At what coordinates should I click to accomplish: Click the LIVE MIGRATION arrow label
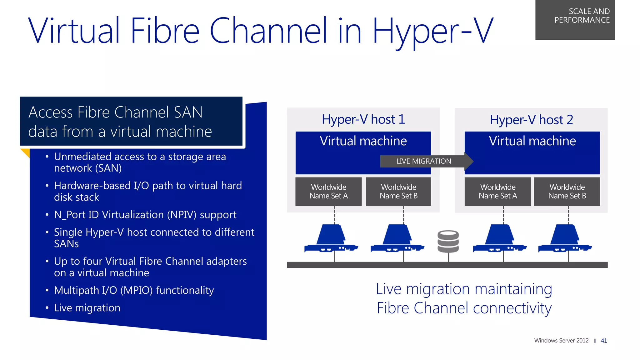[424, 161]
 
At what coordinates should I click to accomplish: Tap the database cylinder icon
[448, 241]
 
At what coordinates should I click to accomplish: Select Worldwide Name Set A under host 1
[328, 192]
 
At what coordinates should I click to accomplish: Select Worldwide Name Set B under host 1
[398, 192]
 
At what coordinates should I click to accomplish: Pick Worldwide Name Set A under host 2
[497, 192]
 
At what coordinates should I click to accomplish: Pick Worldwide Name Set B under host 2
[567, 192]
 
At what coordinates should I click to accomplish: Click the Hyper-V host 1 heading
[363, 119]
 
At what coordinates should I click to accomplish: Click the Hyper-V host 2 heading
[531, 120]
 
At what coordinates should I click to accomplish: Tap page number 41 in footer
[604, 341]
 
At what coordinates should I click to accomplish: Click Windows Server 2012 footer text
[561, 341]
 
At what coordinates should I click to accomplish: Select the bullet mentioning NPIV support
[145, 215]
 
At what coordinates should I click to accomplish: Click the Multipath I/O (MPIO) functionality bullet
[134, 290]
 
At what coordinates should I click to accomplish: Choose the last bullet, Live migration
[87, 308]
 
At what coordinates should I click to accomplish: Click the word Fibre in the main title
[165, 31]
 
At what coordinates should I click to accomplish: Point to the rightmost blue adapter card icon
[565, 239]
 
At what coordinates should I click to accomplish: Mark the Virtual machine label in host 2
[532, 141]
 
